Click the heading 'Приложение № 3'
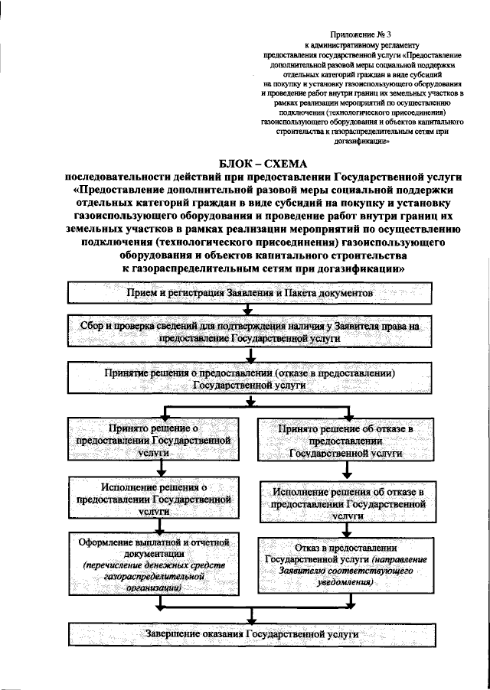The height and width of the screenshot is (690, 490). pos(354,35)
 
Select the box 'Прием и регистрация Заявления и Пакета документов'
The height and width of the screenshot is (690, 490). pos(250,294)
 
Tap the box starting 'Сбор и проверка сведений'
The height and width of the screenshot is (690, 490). pos(250,331)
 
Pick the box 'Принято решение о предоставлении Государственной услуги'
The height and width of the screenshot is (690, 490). pos(159,441)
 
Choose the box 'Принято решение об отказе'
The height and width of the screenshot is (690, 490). pos(345,441)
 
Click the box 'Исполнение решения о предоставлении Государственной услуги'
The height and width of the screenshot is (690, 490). pos(159,497)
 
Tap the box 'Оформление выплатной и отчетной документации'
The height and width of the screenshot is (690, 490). pos(159,565)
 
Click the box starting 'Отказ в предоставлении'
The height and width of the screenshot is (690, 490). pos(345,565)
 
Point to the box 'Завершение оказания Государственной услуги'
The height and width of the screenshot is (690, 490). pos(250,634)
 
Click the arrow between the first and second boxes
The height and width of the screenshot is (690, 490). pos(248,309)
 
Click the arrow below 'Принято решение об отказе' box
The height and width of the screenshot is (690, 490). pos(346,473)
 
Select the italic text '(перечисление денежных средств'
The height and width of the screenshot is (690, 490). pos(160,565)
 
